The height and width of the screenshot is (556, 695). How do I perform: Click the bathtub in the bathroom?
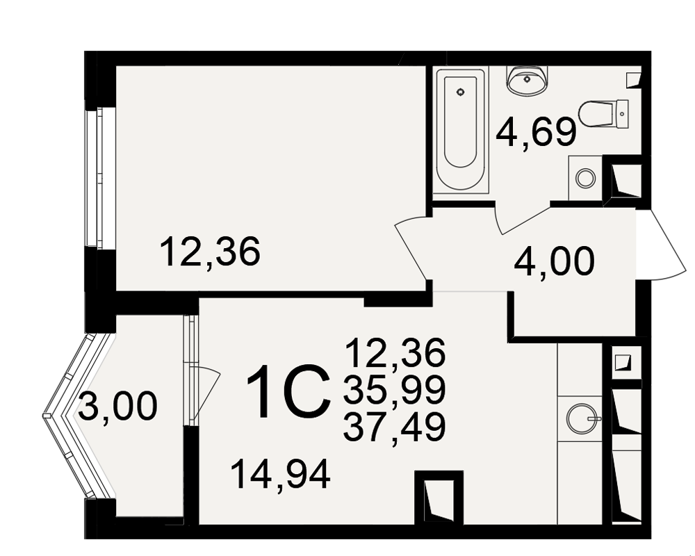coord(461,130)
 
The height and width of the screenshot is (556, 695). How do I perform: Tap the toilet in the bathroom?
coord(603,114)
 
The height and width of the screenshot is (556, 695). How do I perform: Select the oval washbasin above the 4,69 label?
coord(527,80)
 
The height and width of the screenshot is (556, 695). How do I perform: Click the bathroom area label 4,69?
coord(536,132)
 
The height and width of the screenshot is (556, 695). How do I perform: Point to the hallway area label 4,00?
coord(554,261)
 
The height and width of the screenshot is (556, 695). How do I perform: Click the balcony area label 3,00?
coord(117,406)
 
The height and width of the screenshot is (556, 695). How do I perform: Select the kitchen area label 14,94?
coord(280,475)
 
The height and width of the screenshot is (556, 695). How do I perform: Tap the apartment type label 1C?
coord(288,392)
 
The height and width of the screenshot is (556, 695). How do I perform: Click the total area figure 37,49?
coord(394,427)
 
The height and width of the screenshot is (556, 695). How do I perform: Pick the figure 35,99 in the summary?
coord(394,389)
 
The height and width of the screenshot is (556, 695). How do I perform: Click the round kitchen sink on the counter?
coord(582,418)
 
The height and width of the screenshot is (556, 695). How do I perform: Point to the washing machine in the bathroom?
coord(585,178)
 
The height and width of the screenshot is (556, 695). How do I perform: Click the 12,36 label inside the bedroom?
coord(209,252)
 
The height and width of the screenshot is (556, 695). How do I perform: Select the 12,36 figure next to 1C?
coord(395,352)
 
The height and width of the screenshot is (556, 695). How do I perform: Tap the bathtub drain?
coord(461,92)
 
